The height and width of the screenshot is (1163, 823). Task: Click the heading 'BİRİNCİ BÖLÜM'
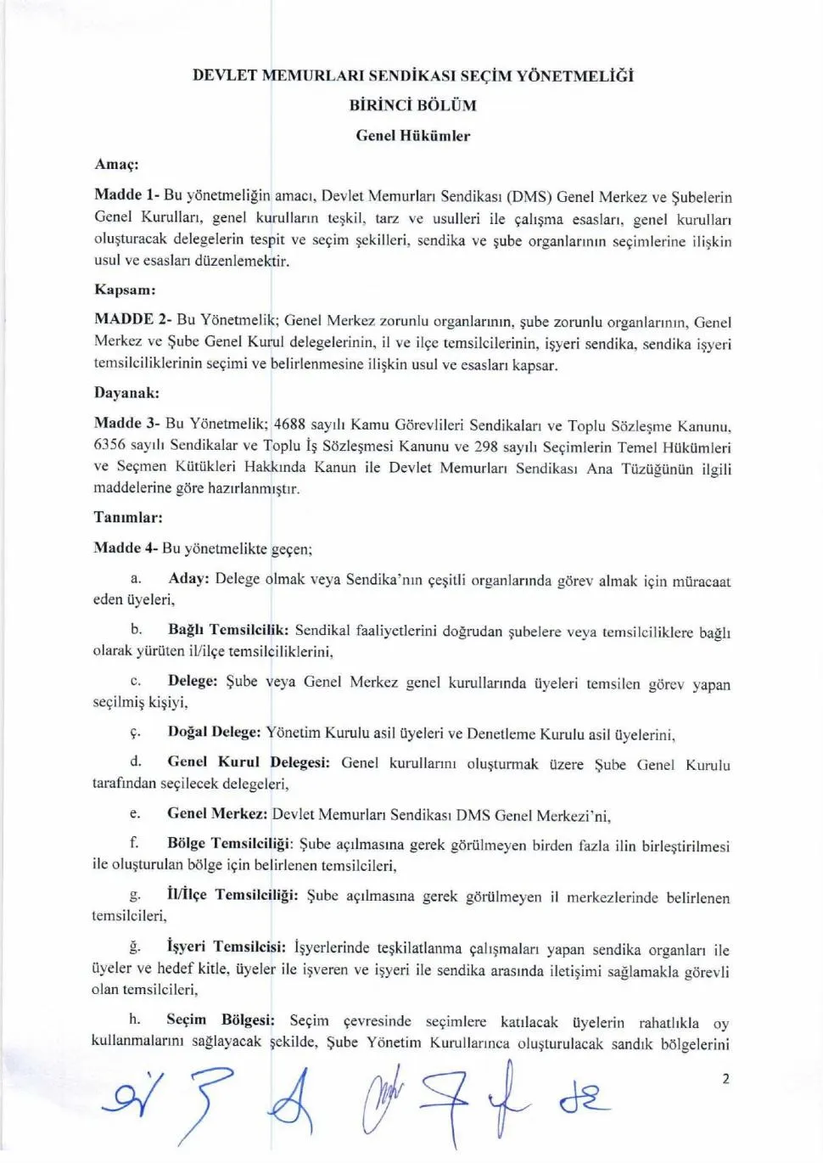pyautogui.click(x=412, y=105)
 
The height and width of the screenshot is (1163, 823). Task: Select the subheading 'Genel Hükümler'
pyautogui.click(x=412, y=135)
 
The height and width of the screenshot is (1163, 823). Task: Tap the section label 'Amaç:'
pyautogui.click(x=116, y=164)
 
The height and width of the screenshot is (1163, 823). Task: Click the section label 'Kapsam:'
pyautogui.click(x=125, y=289)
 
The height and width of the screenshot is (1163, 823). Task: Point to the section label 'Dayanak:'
pyautogui.click(x=126, y=393)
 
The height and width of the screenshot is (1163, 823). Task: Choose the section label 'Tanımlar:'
pyautogui.click(x=128, y=517)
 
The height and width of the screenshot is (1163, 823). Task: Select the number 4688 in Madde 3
pyautogui.click(x=290, y=424)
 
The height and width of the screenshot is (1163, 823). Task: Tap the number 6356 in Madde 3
pyautogui.click(x=110, y=445)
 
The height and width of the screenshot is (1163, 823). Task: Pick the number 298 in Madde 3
pyautogui.click(x=486, y=447)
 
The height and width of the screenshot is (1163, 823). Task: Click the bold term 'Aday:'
pyautogui.click(x=188, y=578)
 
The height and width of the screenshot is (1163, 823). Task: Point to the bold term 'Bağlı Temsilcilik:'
pyautogui.click(x=228, y=630)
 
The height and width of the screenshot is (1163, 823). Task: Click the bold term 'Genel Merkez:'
pyautogui.click(x=217, y=813)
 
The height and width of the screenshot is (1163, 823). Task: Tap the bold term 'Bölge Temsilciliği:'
pyautogui.click(x=230, y=843)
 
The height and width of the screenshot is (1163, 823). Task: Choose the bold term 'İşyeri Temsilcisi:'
pyautogui.click(x=226, y=947)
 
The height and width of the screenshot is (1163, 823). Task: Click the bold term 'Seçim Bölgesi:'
pyautogui.click(x=221, y=1020)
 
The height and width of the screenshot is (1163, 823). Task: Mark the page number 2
pyautogui.click(x=725, y=1079)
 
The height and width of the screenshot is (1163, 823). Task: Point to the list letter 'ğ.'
pyautogui.click(x=135, y=947)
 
